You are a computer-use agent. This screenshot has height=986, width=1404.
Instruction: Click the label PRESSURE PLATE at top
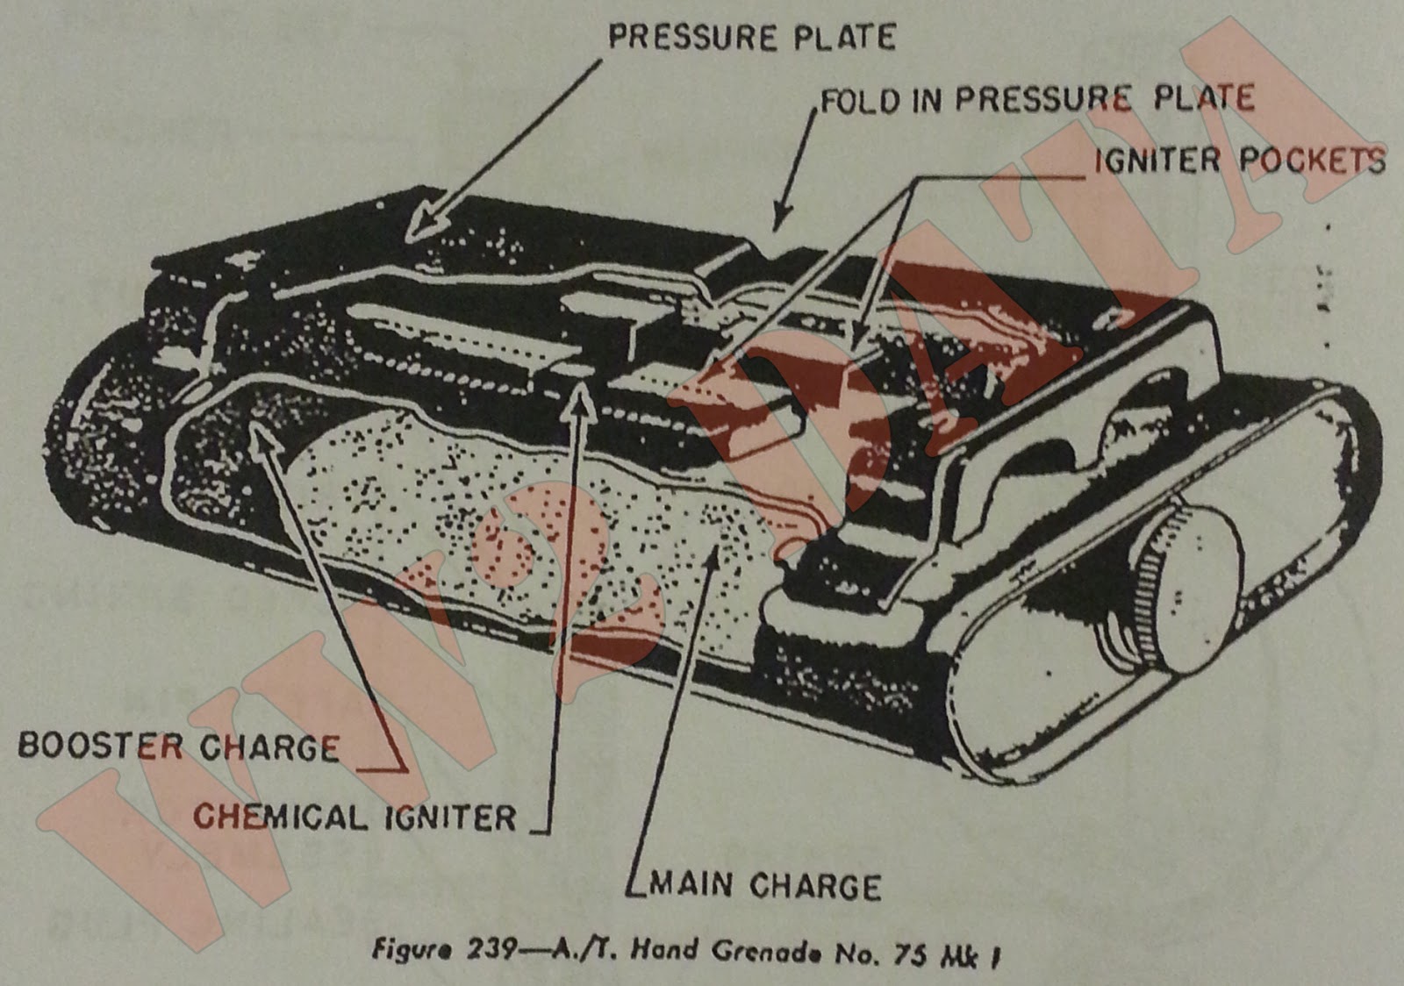coord(752,37)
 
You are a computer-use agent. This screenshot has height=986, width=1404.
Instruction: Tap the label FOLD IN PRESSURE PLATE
coord(1036,99)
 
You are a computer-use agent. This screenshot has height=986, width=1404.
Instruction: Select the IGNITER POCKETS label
coord(1239,161)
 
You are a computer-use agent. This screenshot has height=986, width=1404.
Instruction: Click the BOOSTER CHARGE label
coord(179,747)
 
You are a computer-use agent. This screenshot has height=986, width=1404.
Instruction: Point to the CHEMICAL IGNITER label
coord(355,818)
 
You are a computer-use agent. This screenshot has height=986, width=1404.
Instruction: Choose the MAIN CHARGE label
coord(764,885)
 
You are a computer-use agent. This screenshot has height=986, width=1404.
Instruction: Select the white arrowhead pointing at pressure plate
coord(426,219)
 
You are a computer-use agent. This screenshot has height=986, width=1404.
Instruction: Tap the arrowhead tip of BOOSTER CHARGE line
coord(261,427)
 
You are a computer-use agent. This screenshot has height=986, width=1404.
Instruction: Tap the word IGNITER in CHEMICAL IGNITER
coord(449,818)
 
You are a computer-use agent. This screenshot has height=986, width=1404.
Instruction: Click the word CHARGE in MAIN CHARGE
coord(815,885)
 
